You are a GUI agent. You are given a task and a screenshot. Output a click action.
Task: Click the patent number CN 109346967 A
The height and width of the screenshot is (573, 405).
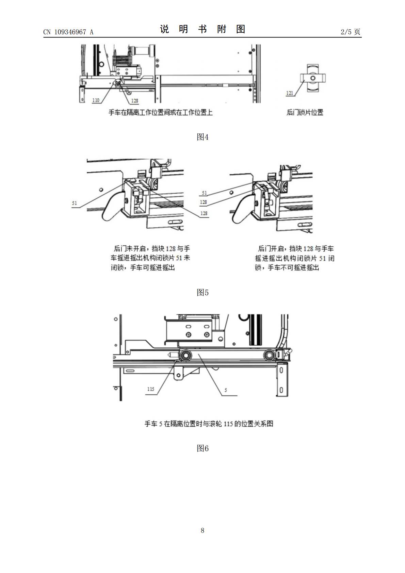pyautogui.click(x=68, y=32)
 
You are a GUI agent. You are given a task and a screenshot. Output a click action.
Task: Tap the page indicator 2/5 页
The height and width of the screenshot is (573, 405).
pyautogui.click(x=350, y=32)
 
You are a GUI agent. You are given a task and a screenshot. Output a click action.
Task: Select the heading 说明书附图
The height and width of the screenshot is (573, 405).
pyautogui.click(x=202, y=29)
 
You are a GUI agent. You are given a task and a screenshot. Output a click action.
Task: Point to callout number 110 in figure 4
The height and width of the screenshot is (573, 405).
pyautogui.click(x=96, y=100)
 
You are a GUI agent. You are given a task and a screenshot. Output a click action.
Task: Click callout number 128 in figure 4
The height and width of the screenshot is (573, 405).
pyautogui.click(x=134, y=101)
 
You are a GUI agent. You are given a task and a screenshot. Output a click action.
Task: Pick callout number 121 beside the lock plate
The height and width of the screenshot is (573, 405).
pyautogui.click(x=290, y=93)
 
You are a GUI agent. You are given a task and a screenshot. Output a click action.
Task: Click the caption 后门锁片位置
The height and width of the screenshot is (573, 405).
pyautogui.click(x=305, y=112)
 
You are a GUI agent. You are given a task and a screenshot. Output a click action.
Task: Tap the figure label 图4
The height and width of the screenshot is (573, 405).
pyautogui.click(x=202, y=137)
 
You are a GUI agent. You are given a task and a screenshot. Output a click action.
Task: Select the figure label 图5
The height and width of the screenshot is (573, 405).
pyautogui.click(x=202, y=292)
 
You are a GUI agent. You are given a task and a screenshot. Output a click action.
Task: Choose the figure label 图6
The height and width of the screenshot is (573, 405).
pyautogui.click(x=202, y=448)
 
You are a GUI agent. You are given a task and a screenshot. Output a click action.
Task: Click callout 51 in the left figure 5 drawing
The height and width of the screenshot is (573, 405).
pyautogui.click(x=74, y=203)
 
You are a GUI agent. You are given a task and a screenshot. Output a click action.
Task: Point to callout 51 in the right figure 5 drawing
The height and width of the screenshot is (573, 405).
pyautogui.click(x=204, y=193)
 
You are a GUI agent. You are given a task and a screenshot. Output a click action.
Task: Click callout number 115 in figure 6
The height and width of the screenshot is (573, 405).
pyautogui.click(x=151, y=389)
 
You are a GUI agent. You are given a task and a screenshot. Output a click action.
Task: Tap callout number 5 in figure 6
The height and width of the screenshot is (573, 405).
pyautogui.click(x=226, y=390)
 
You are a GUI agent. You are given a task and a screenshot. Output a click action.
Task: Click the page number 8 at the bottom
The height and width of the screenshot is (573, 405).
pyautogui.click(x=202, y=530)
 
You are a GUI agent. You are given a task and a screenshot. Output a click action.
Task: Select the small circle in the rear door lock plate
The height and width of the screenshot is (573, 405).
pyautogui.click(x=313, y=78)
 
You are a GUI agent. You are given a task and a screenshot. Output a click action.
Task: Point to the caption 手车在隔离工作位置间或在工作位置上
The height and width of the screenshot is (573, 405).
pyautogui.click(x=160, y=112)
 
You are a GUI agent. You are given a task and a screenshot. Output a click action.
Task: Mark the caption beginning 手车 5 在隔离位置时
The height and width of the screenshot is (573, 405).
pyautogui.click(x=209, y=424)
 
